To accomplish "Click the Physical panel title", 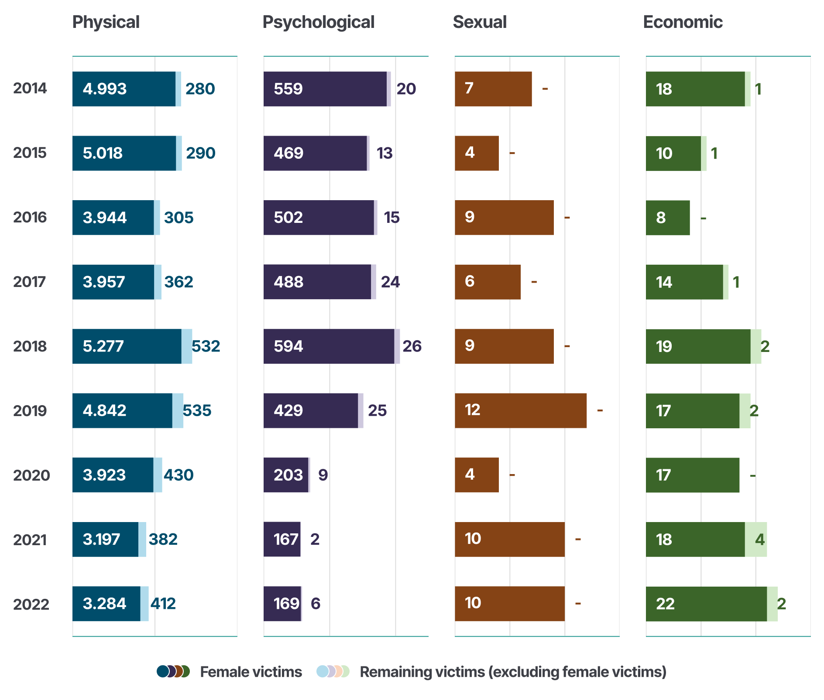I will pos(106,22).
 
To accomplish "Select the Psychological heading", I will pos(318,22).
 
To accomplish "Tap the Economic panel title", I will pos(683,22).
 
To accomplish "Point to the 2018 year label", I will pos(30,346).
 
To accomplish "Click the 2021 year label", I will pos(30,540).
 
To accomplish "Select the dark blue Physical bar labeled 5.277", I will pos(127,346).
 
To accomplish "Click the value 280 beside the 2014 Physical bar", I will pos(200,89).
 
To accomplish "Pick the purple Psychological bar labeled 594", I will pos(329,346).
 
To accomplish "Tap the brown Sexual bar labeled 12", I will pos(520,410).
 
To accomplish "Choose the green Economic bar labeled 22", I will pos(706,604).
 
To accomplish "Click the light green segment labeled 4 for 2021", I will pos(756,540).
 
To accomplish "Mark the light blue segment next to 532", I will pos(187,346).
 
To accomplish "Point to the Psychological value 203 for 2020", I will pos(288,475).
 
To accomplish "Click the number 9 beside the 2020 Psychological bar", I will pos(323,475).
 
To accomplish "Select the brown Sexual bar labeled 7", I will pos(493,89).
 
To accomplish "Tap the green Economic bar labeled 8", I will pos(668,218).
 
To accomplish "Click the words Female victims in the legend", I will pos(251,672).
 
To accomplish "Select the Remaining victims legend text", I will pos(513,672).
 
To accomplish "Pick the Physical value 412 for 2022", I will pos(163,604).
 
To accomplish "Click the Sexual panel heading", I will pos(480,22).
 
